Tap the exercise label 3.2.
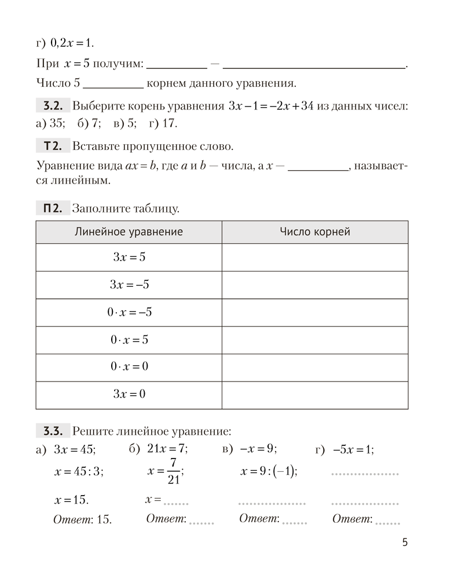point(52,106)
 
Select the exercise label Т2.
point(52,145)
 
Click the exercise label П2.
point(52,208)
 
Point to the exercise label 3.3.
point(52,431)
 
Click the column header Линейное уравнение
point(129,232)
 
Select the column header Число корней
point(314,232)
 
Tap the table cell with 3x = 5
point(129,257)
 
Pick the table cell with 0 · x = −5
point(129,313)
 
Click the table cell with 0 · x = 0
point(129,367)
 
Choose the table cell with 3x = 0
point(129,395)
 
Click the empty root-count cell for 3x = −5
point(314,285)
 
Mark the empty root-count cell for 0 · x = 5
point(314,340)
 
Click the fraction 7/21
point(173,471)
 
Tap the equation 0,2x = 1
point(72,43)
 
